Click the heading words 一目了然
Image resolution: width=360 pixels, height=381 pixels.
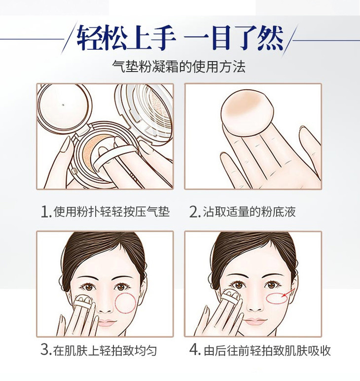click(x=234, y=37)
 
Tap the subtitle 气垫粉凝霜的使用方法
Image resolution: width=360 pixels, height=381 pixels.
click(x=179, y=67)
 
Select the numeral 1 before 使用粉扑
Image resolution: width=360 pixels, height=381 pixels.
click(x=46, y=211)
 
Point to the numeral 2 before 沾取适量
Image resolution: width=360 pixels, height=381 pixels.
click(x=194, y=211)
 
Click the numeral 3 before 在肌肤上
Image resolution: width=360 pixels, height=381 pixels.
click(x=46, y=349)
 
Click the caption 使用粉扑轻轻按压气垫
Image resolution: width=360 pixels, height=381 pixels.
click(x=111, y=211)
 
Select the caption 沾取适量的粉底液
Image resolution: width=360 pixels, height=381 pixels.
click(x=249, y=211)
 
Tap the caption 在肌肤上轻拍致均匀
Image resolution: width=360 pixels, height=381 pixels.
click(x=105, y=350)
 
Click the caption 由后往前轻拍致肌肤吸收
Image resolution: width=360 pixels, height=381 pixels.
click(x=267, y=350)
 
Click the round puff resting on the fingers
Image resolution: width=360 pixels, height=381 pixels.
click(x=248, y=114)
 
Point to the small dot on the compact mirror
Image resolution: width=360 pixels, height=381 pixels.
click(x=63, y=105)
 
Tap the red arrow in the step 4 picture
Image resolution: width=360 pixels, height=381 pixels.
click(x=288, y=293)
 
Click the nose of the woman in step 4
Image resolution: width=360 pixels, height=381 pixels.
click(x=255, y=306)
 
